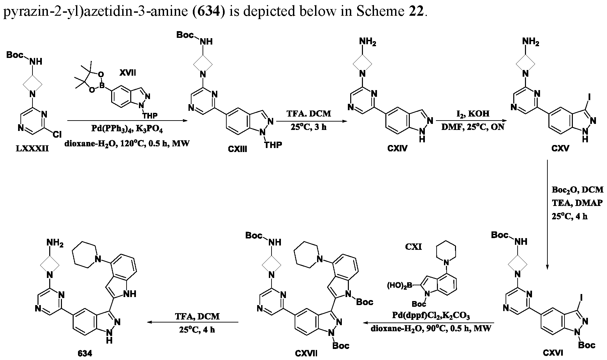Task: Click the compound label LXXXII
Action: [32, 148]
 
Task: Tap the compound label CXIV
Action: [397, 148]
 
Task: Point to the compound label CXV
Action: [560, 148]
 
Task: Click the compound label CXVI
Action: [553, 352]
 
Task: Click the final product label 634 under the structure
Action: [85, 353]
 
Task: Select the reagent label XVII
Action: [128, 73]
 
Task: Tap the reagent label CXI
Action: [414, 247]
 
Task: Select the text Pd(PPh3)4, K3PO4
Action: [127, 130]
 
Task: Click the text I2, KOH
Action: [472, 114]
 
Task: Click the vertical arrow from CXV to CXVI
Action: [547, 215]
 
